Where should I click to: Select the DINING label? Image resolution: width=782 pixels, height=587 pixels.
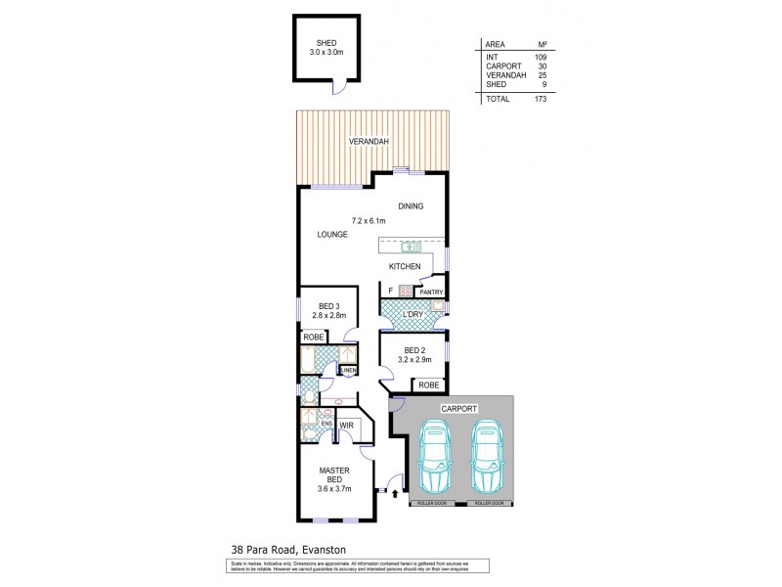pyautogui.click(x=412, y=206)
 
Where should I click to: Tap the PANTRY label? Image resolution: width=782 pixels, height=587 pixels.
pyautogui.click(x=431, y=292)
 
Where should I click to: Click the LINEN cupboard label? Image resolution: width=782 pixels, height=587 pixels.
pyautogui.click(x=347, y=370)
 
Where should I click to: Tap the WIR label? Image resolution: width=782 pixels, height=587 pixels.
pyautogui.click(x=345, y=426)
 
